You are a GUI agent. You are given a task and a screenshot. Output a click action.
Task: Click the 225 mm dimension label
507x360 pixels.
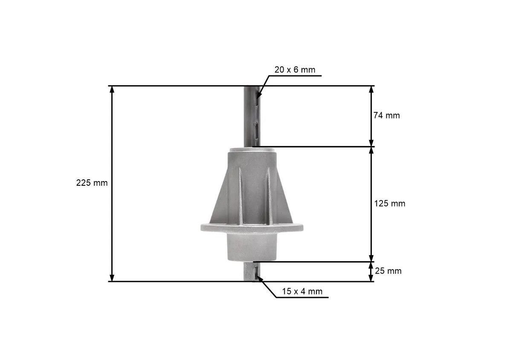92,183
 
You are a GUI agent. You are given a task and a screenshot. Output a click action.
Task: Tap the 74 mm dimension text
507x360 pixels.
387,115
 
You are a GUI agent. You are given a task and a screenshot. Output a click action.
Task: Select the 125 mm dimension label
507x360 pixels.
390,204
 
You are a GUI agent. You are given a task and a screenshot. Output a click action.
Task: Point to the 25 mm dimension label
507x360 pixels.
388,271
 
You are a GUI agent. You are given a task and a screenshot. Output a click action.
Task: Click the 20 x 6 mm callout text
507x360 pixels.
295,69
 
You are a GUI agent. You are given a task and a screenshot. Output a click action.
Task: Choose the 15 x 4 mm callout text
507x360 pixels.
302,291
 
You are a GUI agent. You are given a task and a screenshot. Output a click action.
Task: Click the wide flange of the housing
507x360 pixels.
252,227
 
